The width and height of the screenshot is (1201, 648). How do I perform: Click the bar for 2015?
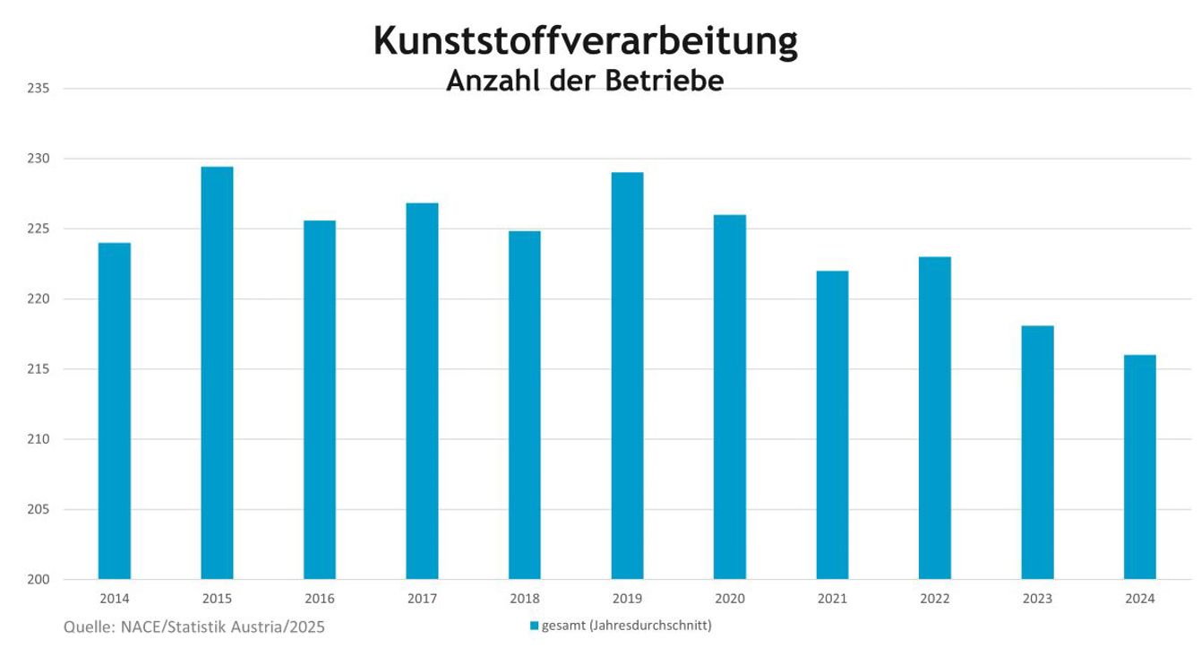[x=217, y=373]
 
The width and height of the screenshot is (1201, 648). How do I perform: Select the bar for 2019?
[x=627, y=376]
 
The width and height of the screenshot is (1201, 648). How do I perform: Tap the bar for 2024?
[x=1140, y=467]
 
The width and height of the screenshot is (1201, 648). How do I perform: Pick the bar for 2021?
[x=832, y=425]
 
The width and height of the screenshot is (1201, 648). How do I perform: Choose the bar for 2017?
[x=422, y=391]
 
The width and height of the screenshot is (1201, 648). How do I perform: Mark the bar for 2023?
[x=1037, y=453]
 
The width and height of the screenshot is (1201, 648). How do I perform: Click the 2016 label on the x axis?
[x=320, y=599]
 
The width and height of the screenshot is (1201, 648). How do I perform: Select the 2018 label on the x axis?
[x=525, y=599]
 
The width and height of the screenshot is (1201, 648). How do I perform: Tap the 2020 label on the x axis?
[x=730, y=599]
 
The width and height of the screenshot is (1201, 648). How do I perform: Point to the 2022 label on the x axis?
[x=935, y=599]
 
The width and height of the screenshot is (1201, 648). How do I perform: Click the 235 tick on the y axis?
[x=38, y=89]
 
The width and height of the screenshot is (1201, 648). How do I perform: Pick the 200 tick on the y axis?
[x=38, y=580]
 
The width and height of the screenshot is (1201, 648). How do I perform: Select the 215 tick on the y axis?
[x=38, y=369]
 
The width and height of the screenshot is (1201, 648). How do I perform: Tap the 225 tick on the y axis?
[x=38, y=229]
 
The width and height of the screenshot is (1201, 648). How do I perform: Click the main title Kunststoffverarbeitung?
[x=585, y=41]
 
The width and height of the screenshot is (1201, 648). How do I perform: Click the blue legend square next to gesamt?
[x=534, y=626]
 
